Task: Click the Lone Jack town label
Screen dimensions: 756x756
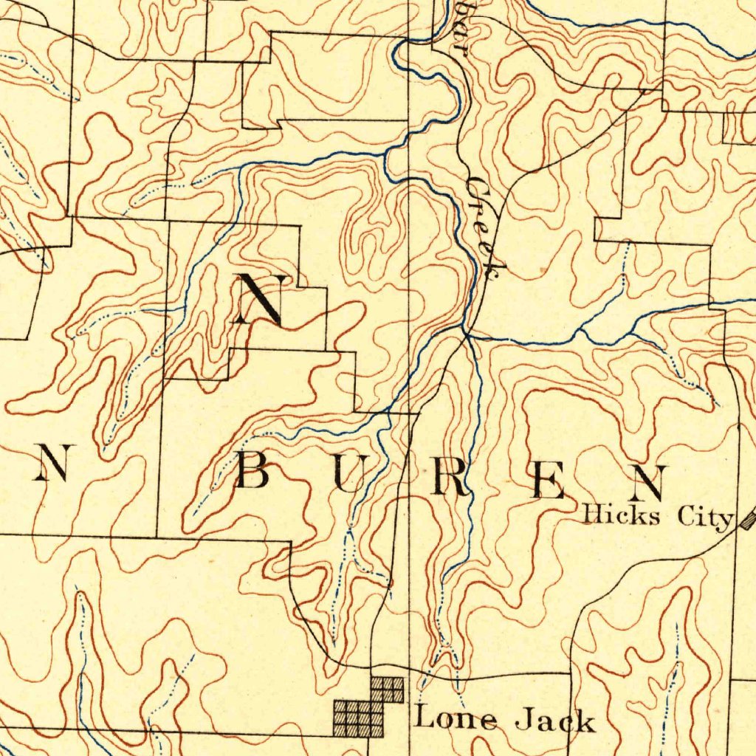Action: [504, 718]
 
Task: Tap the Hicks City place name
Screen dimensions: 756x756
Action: [657, 516]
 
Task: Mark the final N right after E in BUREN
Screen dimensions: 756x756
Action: [650, 483]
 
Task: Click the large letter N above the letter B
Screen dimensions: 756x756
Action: [259, 299]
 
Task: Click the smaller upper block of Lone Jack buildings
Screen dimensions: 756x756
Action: [388, 689]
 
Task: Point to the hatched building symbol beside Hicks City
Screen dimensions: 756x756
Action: [748, 519]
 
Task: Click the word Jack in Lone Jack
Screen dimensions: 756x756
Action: [554, 719]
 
